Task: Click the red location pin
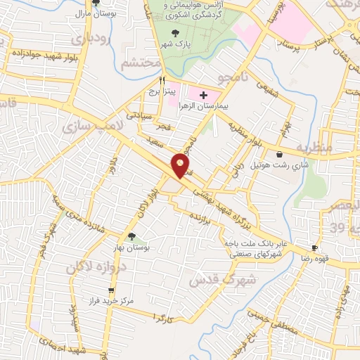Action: [x=181, y=166]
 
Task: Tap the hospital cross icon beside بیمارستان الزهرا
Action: [x=203, y=95]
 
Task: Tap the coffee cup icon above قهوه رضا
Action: [x=315, y=247]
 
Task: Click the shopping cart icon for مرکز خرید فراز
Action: [x=110, y=290]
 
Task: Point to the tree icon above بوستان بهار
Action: [x=131, y=236]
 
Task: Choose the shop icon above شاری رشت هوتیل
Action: [x=281, y=155]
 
